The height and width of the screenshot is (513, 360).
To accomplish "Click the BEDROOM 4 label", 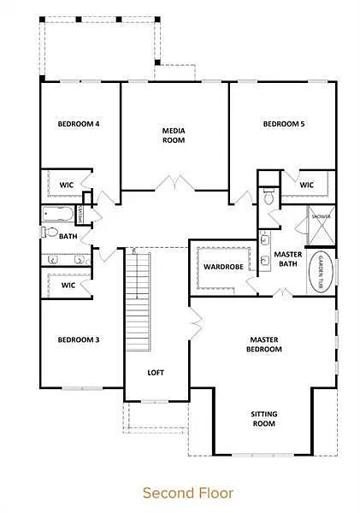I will point(79,124).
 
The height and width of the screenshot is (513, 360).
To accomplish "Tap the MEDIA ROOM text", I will point(174,135).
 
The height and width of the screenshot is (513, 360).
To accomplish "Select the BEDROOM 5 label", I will point(284,124).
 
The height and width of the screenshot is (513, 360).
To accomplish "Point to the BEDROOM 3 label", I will point(79,339).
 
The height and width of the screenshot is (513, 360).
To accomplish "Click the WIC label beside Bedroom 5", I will point(307,185).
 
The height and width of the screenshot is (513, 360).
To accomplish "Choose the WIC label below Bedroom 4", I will point(67,185).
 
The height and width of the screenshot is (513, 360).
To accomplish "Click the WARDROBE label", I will point(224,267).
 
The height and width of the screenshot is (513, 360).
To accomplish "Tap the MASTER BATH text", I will point(286,259).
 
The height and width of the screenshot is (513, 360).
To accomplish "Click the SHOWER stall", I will point(321,223).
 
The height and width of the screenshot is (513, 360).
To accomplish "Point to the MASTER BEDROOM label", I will point(263,344).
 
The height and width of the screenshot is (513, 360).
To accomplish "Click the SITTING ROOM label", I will point(263,419).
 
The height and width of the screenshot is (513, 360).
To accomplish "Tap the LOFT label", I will point(156,373).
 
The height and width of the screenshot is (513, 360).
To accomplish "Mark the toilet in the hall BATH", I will point(50,233).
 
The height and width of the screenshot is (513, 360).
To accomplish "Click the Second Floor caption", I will point(180,492).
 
